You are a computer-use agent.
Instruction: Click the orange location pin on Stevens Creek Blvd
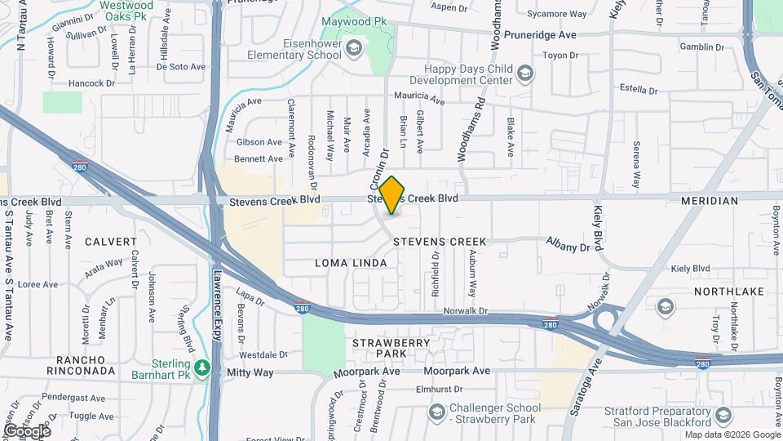[391, 194]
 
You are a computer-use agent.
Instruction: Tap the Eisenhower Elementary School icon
[354, 48]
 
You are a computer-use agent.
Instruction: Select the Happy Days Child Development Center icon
[526, 75]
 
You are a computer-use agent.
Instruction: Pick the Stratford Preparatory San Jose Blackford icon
[723, 416]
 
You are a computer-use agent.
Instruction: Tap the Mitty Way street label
[250, 372]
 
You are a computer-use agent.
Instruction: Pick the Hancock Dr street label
[91, 83]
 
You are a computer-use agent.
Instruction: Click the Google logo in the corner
[26, 430]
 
